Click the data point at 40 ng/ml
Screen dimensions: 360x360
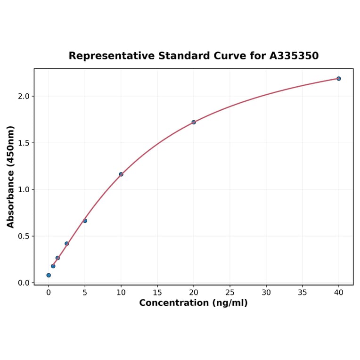(x=339, y=79)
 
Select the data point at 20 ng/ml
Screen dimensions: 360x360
(x=194, y=122)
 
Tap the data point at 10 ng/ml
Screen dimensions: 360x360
(x=121, y=174)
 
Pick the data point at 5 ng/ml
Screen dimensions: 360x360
(x=85, y=221)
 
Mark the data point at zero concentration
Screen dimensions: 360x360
(x=49, y=275)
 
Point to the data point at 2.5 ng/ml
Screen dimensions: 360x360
(x=67, y=244)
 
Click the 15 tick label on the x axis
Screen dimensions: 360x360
(x=157, y=293)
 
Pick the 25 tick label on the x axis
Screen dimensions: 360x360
(x=230, y=293)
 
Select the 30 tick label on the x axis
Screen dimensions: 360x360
(x=266, y=293)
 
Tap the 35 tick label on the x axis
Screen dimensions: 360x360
(x=303, y=293)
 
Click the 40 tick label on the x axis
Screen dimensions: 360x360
(x=339, y=293)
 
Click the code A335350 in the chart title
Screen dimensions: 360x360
(x=294, y=56)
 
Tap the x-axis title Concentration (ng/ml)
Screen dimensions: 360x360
(x=193, y=303)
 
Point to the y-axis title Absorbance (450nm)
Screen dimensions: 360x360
(x=11, y=177)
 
